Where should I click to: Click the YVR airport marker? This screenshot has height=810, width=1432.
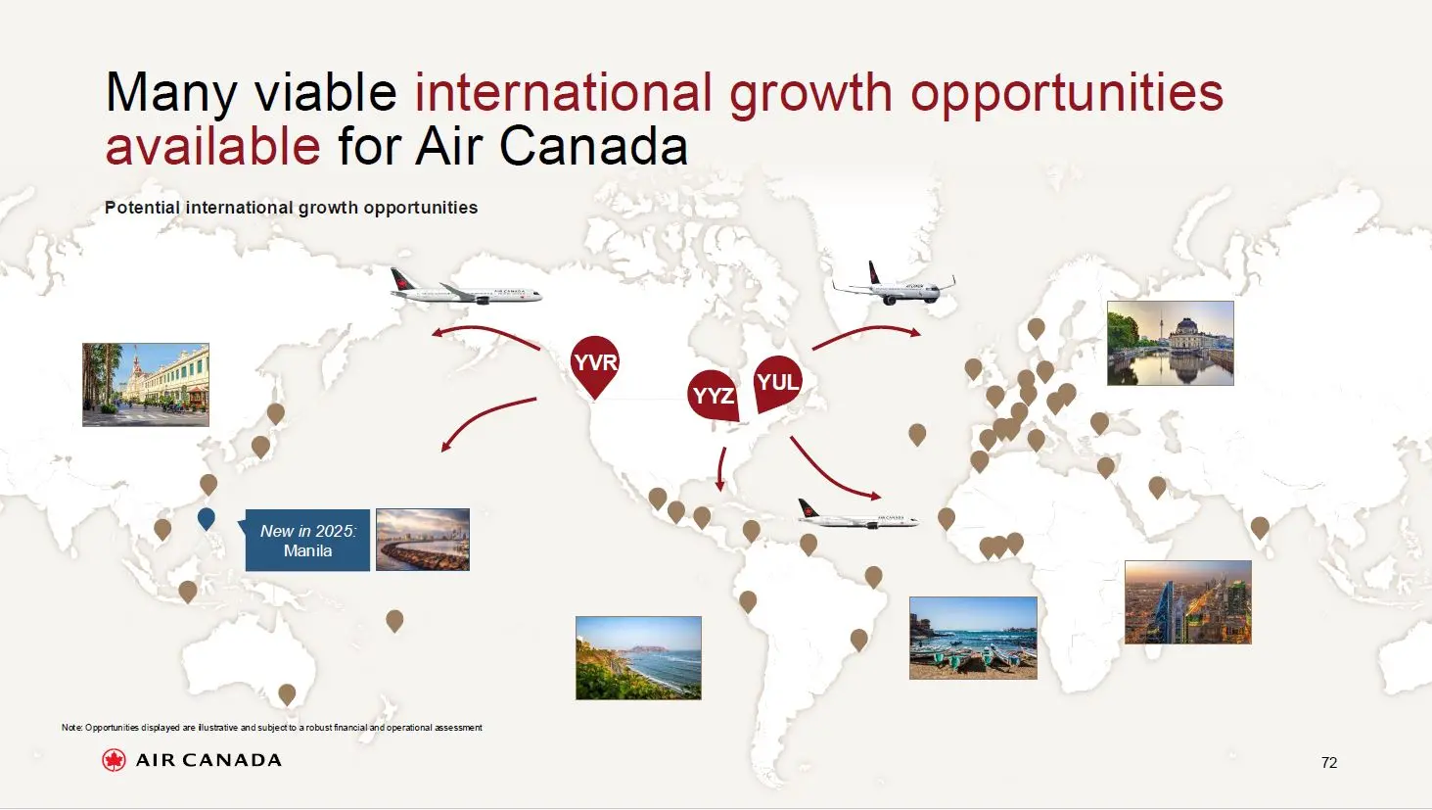[594, 363]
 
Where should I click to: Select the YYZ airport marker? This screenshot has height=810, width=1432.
[713, 395]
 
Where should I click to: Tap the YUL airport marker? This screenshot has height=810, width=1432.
[778, 382]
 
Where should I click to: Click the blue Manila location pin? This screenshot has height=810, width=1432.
[206, 518]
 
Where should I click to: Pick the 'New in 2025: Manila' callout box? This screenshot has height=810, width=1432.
[307, 541]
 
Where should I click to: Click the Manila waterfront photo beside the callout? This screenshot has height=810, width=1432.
[423, 540]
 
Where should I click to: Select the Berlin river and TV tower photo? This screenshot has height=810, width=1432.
[1170, 343]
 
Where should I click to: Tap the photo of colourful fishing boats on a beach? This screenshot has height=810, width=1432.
[973, 638]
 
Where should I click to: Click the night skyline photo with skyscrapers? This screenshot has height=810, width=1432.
[1187, 602]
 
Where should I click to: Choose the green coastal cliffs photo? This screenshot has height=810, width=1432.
[638, 657]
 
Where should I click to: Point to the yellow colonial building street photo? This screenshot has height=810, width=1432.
[146, 384]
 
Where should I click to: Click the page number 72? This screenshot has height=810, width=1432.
[1328, 762]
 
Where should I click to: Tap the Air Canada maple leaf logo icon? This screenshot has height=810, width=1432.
[114, 760]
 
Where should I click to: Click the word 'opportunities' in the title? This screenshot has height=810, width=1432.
[1066, 92]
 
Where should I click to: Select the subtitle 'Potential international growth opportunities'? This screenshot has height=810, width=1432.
[291, 208]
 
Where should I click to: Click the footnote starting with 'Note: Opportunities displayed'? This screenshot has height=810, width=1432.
[271, 728]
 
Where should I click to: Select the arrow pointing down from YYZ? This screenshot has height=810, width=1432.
[721, 468]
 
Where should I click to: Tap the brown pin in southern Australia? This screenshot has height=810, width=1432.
[287, 693]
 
